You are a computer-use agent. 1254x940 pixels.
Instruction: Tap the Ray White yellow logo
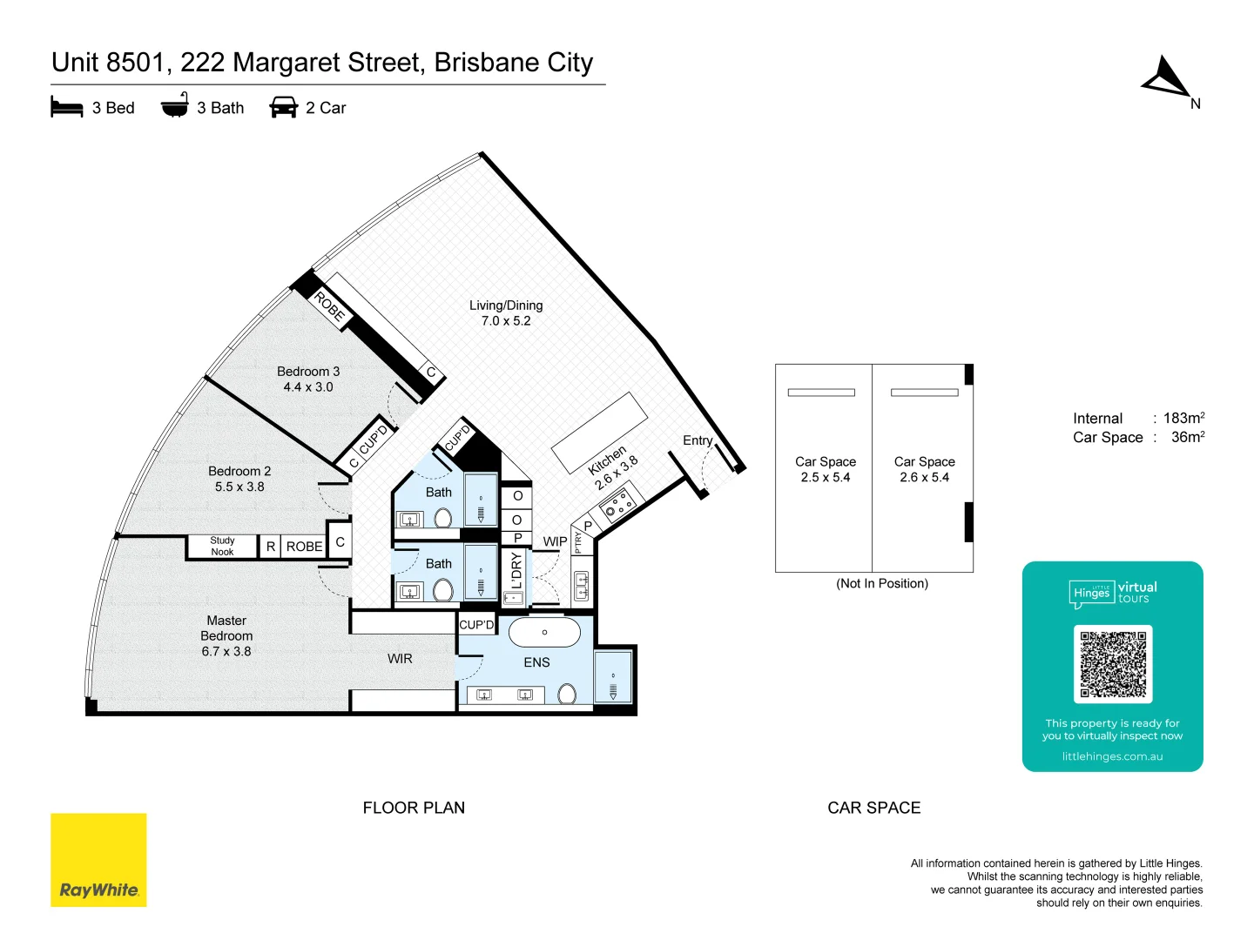[98, 860]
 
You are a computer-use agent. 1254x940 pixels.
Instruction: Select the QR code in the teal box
[1112, 664]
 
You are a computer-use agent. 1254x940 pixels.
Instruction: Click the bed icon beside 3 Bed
[67, 108]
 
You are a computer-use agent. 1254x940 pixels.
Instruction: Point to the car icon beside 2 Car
[284, 108]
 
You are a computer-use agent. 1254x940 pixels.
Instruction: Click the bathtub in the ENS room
[544, 633]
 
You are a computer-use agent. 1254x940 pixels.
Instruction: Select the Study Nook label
[222, 547]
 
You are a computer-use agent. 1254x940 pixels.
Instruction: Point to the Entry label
[698, 440]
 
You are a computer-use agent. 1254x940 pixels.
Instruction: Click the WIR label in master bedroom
[400, 659]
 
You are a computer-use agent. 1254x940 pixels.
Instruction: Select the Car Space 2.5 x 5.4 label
[825, 469]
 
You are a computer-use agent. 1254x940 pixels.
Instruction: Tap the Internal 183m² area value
[1183, 418]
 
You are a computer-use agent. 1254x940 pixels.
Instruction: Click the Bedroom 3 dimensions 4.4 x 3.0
[308, 387]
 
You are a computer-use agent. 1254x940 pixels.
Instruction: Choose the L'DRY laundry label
[516, 571]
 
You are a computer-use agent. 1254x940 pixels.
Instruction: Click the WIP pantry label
[555, 541]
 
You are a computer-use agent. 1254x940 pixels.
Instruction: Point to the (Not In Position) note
[882, 583]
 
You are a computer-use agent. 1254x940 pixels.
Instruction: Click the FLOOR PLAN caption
[414, 808]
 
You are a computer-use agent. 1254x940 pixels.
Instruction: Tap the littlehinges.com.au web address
[1112, 756]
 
